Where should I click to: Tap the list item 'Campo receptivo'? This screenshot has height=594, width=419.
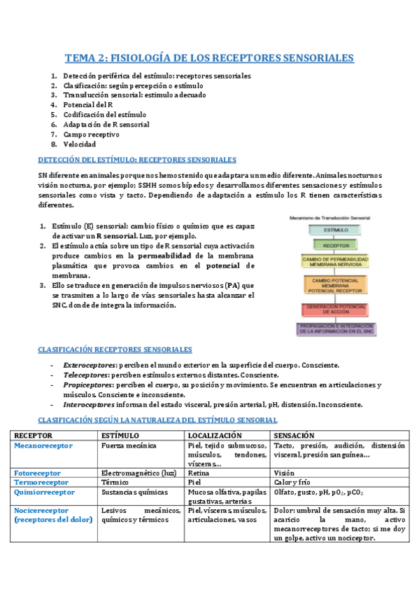(x=91, y=134)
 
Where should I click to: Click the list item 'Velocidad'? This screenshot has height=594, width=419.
(x=81, y=144)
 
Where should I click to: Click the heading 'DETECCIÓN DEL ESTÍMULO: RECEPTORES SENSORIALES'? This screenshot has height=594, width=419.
(x=136, y=160)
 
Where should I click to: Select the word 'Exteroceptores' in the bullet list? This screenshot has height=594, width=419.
(x=88, y=365)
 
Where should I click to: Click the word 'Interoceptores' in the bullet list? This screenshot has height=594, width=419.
(x=88, y=404)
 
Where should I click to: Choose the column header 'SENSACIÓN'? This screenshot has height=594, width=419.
(x=295, y=434)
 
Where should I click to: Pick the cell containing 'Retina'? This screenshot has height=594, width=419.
(x=199, y=473)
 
